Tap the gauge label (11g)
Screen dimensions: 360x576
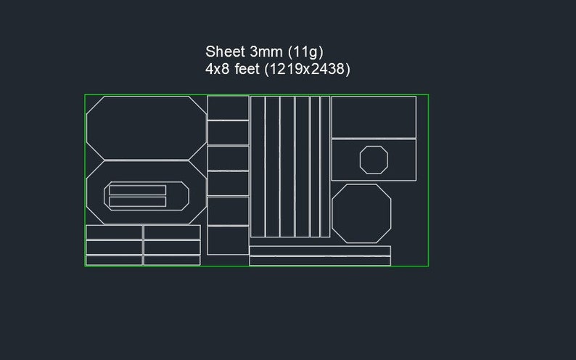(x=305, y=52)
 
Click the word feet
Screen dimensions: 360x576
(x=247, y=70)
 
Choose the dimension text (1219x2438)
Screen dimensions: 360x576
(x=307, y=70)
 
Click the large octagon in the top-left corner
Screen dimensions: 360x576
(x=146, y=127)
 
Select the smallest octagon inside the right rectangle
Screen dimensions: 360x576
(x=374, y=159)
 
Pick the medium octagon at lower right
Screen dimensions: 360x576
(x=361, y=213)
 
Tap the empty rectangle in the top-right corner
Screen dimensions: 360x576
(x=374, y=117)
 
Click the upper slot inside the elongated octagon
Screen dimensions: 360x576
(x=138, y=190)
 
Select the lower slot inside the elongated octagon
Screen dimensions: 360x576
(x=138, y=202)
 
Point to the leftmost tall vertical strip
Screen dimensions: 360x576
(x=258, y=166)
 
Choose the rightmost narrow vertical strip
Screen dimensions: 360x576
(x=325, y=166)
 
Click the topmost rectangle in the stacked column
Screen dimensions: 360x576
(x=228, y=108)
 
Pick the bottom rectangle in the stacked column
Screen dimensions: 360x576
(x=228, y=240)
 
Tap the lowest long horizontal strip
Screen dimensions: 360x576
(x=320, y=261)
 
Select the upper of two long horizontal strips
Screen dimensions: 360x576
(x=320, y=251)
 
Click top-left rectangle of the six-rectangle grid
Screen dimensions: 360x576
(x=114, y=232)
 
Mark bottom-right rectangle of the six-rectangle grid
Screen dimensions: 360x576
(x=172, y=260)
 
